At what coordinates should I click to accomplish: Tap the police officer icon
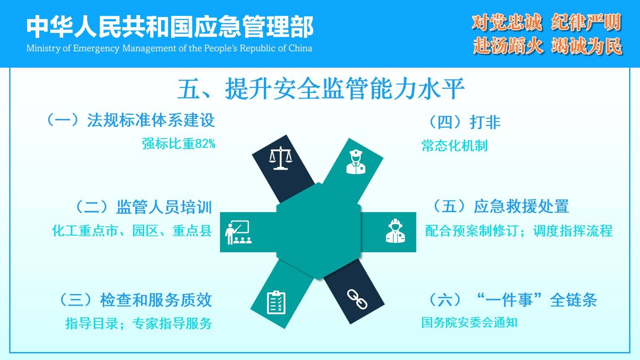[356, 162]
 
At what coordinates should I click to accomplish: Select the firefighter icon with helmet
[395, 231]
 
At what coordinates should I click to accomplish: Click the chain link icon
[357, 299]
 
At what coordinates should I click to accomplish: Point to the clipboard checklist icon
[276, 302]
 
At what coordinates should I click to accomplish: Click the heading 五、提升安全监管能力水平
[321, 89]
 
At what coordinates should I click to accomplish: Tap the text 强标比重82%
[179, 143]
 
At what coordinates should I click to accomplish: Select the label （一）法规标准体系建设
[130, 120]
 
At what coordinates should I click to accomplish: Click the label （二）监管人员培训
[144, 207]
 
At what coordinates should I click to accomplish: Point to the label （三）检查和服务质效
[135, 300]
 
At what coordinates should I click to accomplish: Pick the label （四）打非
[464, 122]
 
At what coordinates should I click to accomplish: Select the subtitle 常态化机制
[455, 146]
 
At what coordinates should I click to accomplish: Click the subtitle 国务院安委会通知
[469, 322]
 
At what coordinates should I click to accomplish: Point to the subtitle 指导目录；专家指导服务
[139, 323]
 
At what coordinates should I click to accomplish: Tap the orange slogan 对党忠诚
[506, 22]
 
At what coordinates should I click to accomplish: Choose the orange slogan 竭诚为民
[587, 46]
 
